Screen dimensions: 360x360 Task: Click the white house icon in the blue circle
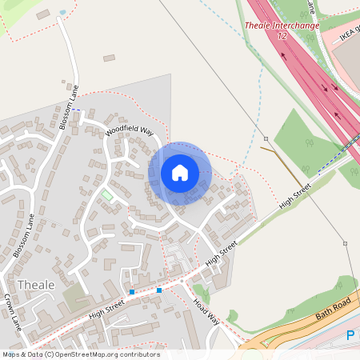180,173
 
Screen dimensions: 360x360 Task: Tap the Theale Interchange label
282,26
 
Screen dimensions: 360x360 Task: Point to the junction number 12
282,36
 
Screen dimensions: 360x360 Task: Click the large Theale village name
36,285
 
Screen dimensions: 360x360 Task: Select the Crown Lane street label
12,313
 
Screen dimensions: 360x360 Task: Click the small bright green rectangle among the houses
107,195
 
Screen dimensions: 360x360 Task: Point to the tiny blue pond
63,13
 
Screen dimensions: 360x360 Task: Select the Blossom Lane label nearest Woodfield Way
70,108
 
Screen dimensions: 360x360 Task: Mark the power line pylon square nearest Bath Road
345,243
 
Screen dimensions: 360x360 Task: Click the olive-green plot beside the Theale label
78,298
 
